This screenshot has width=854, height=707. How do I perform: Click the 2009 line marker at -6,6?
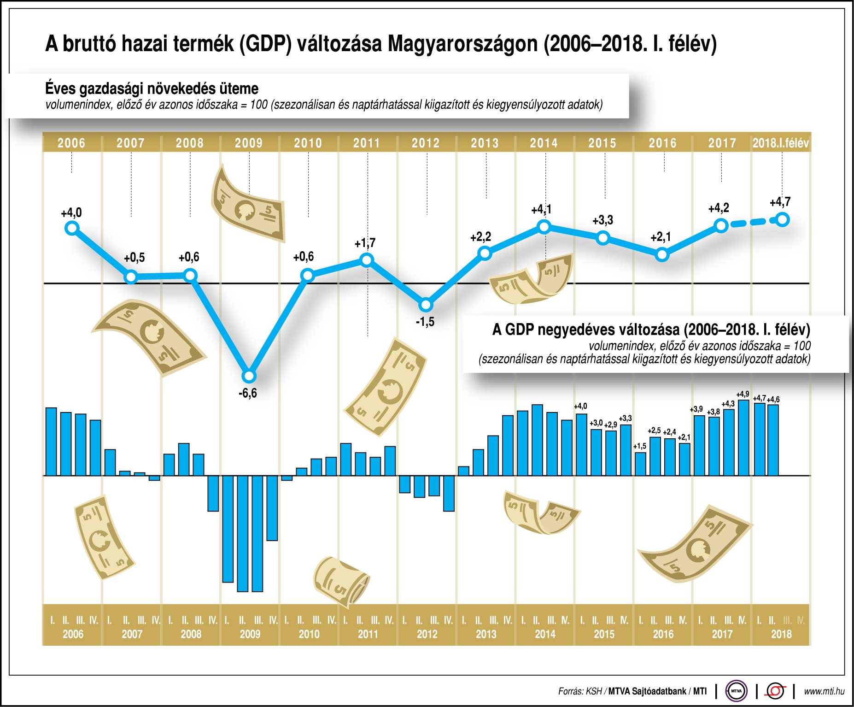[249, 376]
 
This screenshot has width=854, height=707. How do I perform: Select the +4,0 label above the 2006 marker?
[71, 212]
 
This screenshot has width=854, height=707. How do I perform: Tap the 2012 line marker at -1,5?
[426, 305]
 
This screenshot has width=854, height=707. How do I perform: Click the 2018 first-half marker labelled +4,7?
[782, 220]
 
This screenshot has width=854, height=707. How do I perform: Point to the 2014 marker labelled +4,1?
[544, 226]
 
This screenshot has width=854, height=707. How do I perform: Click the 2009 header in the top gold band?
[249, 143]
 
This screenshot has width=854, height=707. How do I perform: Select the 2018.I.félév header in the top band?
[780, 143]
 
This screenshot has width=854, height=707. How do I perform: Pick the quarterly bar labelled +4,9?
[743, 437]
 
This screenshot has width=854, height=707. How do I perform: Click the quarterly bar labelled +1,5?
[640, 464]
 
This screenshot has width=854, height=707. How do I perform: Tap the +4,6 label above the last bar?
[773, 399]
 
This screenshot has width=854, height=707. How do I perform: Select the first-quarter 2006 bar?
[51, 442]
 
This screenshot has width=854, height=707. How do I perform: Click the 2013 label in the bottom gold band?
[486, 634]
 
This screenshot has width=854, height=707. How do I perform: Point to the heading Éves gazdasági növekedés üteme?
[152, 88]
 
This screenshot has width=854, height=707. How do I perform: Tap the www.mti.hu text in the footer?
[824, 691]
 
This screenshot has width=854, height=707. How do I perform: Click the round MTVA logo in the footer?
[736, 691]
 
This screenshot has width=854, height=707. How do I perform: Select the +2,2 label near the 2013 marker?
[480, 237]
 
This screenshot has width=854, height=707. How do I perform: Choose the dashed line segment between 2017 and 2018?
[752, 223]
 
